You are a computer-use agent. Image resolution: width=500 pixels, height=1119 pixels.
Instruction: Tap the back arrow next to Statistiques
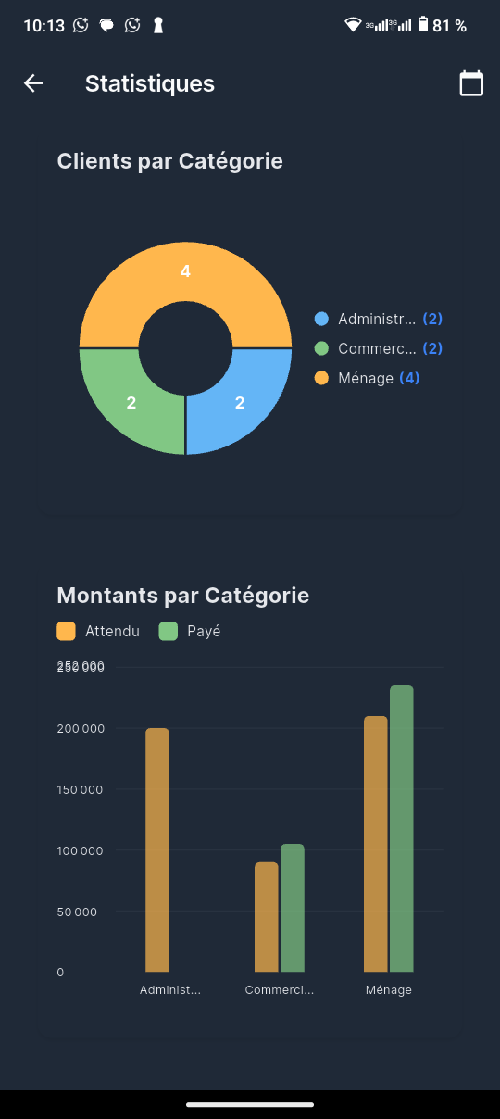point(33,83)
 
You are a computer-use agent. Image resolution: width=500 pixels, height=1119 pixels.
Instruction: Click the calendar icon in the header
point(471,83)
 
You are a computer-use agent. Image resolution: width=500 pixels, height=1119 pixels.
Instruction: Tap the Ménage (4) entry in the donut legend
point(368,378)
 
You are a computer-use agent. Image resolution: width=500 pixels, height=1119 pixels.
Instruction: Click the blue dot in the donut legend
point(321,319)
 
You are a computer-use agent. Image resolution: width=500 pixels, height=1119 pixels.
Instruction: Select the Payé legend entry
point(191,631)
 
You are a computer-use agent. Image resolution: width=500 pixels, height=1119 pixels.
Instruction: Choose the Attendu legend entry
point(98,631)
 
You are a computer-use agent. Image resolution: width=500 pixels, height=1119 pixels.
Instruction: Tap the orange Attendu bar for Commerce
point(267,916)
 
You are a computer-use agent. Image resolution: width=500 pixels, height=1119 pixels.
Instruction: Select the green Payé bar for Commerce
point(293,907)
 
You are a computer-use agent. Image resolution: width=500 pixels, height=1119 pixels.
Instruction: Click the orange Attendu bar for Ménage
point(376,843)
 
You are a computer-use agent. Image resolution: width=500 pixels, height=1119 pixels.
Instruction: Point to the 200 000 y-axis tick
point(81,728)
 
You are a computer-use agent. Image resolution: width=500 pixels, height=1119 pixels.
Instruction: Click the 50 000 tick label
point(76,912)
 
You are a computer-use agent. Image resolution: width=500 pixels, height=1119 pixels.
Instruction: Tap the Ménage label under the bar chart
point(389,989)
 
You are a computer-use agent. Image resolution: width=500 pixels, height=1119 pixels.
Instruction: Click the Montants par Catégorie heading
point(183,595)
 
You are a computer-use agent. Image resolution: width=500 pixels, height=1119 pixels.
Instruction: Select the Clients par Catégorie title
point(169,161)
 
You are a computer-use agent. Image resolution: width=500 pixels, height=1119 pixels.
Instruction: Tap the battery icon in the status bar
point(423,25)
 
